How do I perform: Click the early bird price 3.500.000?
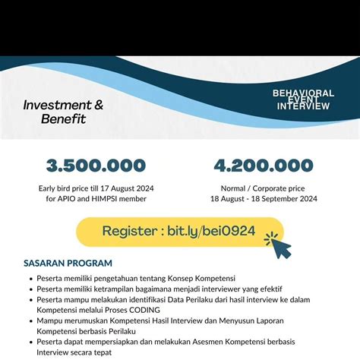point(96,166)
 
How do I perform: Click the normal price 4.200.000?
point(263,166)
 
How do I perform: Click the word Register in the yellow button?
point(129,230)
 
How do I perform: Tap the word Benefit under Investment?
point(65,119)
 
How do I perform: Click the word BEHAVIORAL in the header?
point(303,93)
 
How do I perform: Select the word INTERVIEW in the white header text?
point(304,106)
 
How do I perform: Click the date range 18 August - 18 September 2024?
point(264,198)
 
